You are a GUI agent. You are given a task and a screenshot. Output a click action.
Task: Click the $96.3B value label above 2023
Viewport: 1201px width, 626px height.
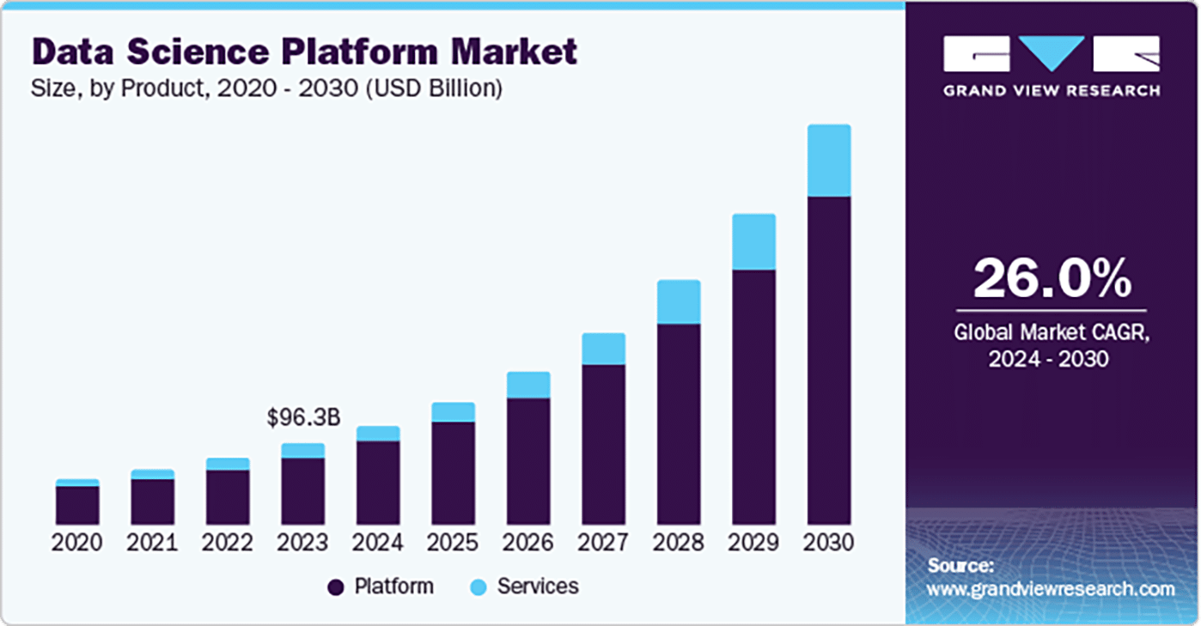[x=303, y=418]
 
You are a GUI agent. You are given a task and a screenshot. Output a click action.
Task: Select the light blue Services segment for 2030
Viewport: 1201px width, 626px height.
[x=829, y=161]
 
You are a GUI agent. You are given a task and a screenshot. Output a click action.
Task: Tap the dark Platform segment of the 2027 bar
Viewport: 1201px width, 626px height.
[x=603, y=444]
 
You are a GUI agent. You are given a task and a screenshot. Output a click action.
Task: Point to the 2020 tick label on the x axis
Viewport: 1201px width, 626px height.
[x=77, y=544]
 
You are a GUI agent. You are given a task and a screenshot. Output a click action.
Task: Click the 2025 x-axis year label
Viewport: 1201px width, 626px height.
[x=453, y=544]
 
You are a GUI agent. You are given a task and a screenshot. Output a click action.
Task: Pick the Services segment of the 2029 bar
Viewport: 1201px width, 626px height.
[x=753, y=241]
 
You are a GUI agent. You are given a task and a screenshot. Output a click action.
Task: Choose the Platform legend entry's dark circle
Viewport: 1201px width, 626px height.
[x=336, y=587]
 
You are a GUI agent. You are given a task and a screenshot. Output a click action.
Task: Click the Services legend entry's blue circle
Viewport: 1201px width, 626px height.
[x=479, y=587]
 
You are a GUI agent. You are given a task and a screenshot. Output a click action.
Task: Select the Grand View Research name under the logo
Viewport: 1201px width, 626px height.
[x=1052, y=90]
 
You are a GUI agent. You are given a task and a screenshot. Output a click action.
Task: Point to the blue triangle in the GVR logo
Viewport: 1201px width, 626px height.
[x=1052, y=53]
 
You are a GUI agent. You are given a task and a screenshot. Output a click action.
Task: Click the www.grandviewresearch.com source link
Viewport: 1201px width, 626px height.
[x=1051, y=589]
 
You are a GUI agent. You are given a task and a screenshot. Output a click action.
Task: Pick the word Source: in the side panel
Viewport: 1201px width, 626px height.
[x=960, y=566]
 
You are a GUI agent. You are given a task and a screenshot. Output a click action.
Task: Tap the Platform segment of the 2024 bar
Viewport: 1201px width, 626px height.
[x=378, y=483]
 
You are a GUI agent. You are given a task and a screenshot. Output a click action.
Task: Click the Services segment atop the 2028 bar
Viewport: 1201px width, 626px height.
[x=679, y=301]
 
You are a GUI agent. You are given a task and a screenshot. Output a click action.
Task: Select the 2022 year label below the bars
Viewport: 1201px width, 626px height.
[x=228, y=544]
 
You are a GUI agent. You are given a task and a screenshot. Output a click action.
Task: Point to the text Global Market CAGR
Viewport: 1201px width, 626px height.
[x=1052, y=331]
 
